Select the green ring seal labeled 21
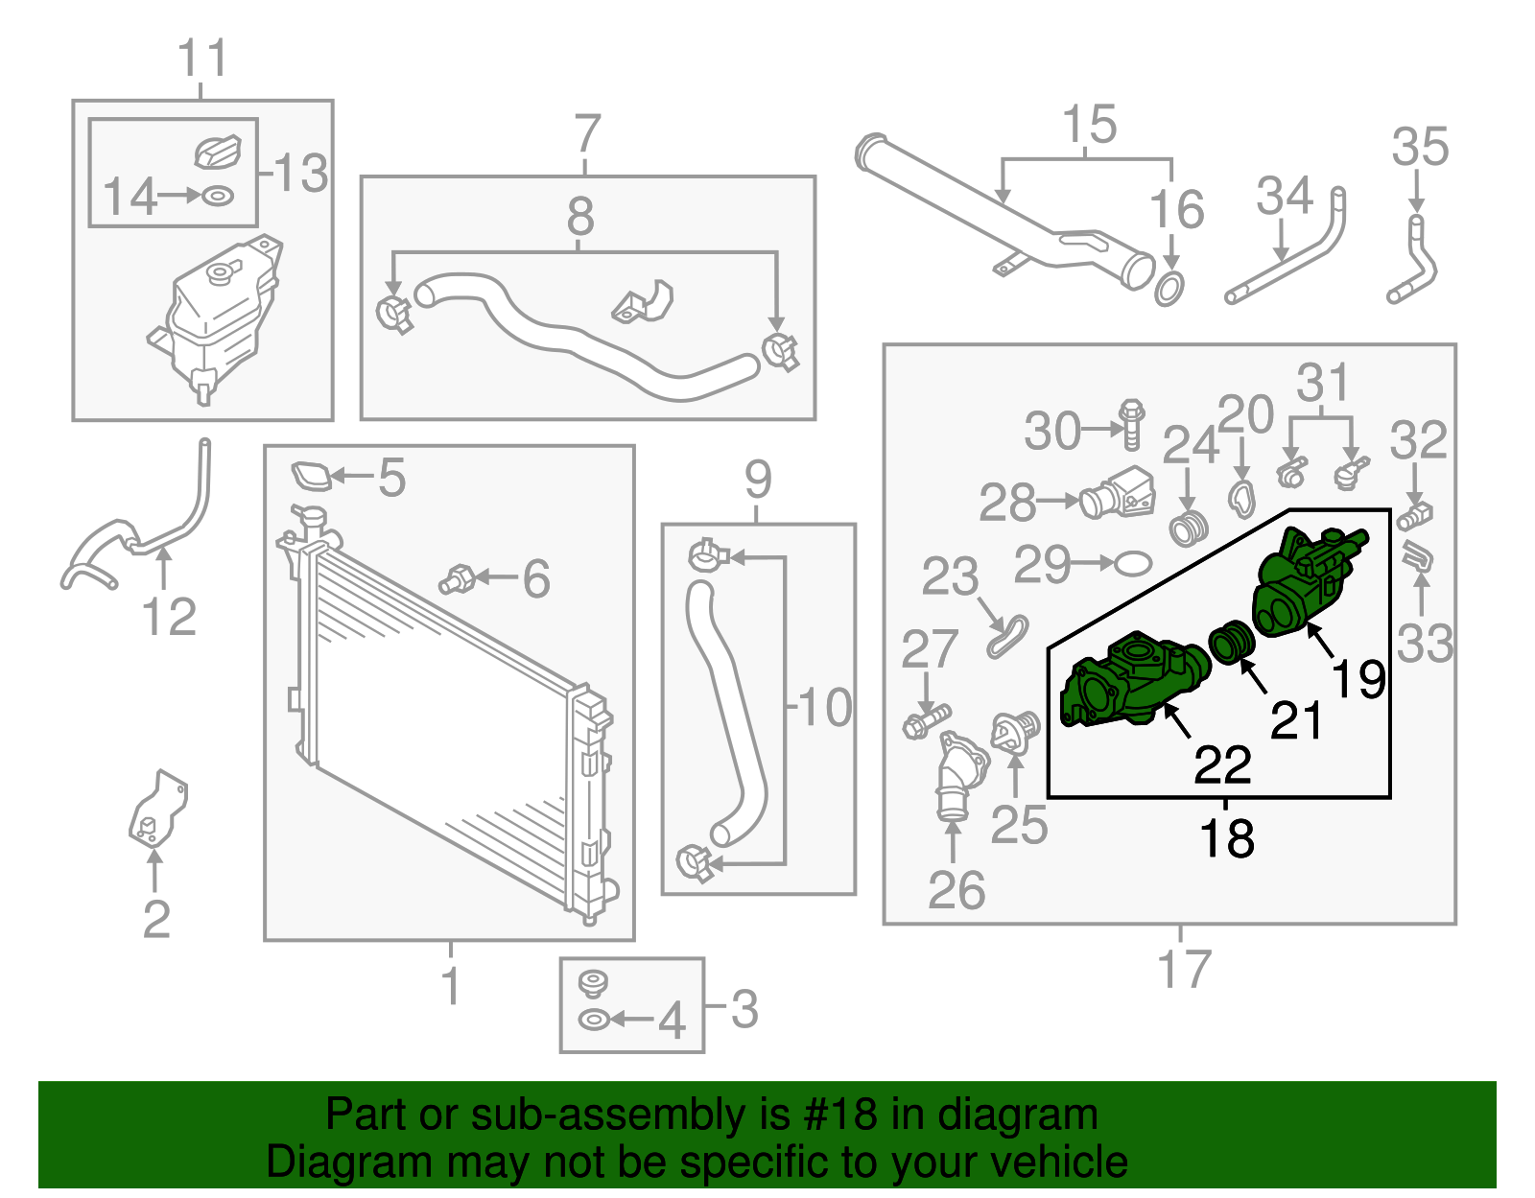1232,642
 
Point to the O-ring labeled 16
1169,288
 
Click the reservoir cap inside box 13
218,151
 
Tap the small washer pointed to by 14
218,196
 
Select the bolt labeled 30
1132,424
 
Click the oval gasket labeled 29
1133,563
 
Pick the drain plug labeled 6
457,579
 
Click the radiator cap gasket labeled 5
311,476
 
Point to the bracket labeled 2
157,811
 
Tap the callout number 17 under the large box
1185,969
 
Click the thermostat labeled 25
1016,734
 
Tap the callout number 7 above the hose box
587,133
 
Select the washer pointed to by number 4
594,1020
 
